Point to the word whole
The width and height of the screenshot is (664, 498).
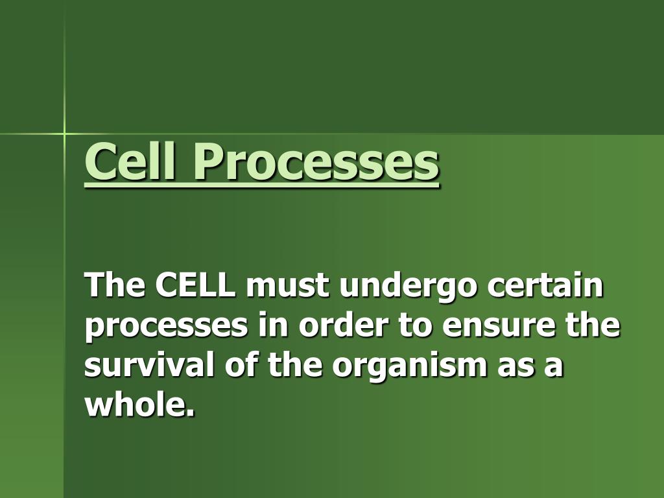(x=137, y=405)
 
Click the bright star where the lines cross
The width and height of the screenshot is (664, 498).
(x=65, y=134)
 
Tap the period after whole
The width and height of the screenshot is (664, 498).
(x=191, y=414)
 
